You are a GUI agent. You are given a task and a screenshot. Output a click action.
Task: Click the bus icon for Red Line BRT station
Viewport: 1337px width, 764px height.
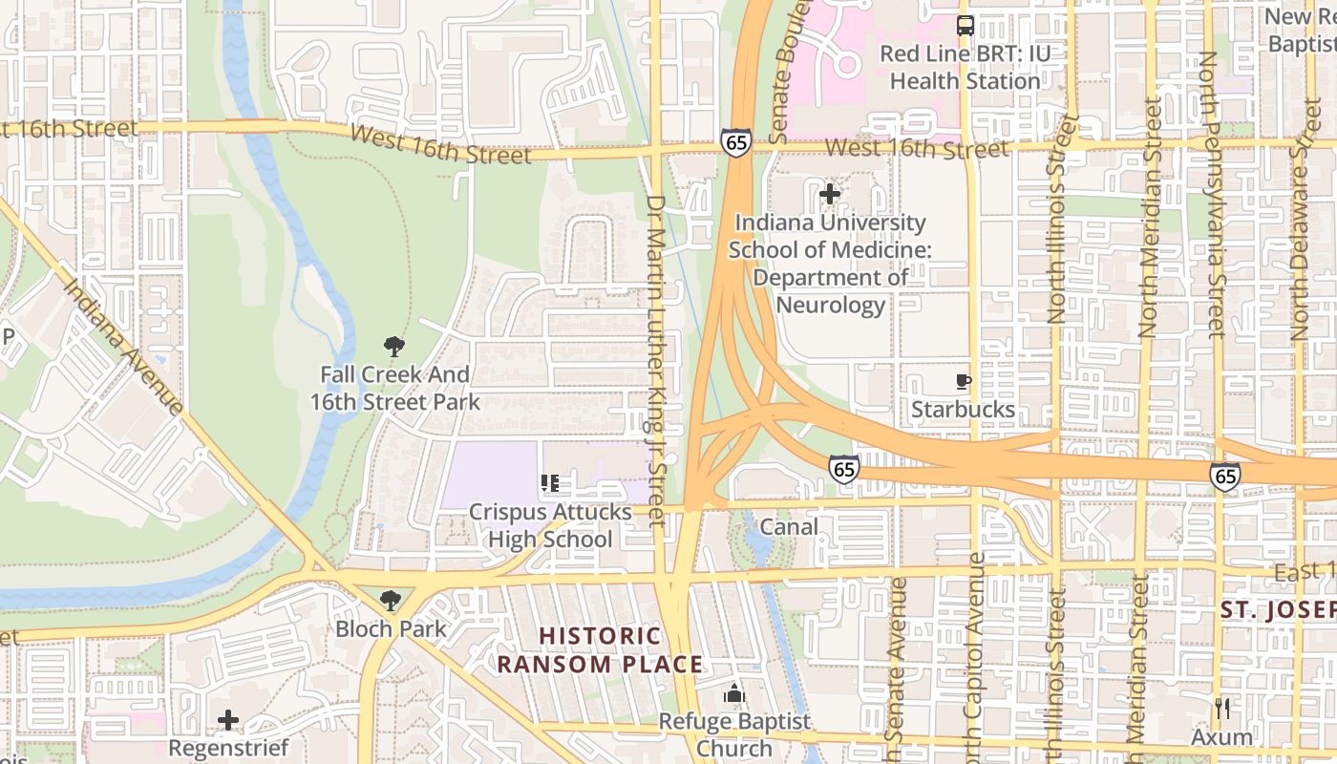(x=966, y=26)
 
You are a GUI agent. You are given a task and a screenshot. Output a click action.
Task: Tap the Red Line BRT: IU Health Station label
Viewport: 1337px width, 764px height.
(x=966, y=67)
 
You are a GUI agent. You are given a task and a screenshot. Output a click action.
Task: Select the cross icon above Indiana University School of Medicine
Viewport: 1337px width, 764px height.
(x=830, y=194)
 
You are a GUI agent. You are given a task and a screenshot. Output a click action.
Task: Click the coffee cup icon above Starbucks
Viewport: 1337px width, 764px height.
(x=964, y=382)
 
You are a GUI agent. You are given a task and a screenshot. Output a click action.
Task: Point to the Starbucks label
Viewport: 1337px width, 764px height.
(x=964, y=410)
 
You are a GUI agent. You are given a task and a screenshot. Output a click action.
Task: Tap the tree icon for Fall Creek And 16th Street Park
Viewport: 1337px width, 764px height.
(x=393, y=347)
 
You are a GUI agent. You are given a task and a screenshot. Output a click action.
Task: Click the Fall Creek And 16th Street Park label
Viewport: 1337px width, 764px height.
(x=394, y=389)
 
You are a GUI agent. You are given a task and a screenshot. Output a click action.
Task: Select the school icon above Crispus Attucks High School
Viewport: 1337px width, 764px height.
(x=549, y=484)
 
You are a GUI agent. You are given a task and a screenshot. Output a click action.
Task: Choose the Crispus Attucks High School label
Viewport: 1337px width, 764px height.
(x=550, y=525)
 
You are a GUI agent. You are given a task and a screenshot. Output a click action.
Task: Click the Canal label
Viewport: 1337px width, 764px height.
(x=789, y=526)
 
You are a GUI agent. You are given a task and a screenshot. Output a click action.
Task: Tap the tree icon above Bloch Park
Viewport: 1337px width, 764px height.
(x=390, y=601)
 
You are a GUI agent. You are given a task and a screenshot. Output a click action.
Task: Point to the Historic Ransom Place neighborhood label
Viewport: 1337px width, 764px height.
(x=601, y=650)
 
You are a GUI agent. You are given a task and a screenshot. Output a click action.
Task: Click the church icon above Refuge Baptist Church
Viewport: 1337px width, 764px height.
(x=733, y=693)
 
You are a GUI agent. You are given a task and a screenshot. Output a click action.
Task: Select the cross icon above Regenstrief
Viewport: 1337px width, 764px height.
(x=228, y=720)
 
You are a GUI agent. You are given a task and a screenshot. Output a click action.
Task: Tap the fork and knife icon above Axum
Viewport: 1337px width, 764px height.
(x=1222, y=709)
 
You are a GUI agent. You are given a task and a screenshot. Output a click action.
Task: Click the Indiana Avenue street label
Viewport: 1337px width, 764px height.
(x=124, y=346)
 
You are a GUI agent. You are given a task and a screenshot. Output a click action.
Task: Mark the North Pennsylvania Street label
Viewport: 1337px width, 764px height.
(x=1210, y=195)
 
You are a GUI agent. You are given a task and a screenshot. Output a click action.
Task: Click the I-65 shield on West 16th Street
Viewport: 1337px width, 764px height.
(x=735, y=142)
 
